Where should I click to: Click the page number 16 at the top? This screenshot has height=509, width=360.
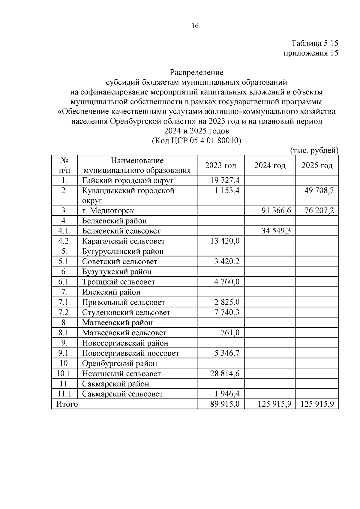pos(195,26)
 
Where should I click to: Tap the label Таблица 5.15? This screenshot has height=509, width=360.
pos(315,43)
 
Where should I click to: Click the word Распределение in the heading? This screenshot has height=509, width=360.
pos(196,73)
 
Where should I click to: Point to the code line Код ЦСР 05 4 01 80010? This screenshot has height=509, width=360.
pos(197,141)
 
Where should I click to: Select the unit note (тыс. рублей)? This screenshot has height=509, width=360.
pos(314,151)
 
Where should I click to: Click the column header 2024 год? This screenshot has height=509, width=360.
pos(270,165)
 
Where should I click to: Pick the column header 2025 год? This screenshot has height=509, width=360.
pos(317,165)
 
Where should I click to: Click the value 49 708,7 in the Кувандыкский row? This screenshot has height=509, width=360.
pos(319,190)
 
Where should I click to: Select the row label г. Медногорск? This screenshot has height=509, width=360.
pos(108,211)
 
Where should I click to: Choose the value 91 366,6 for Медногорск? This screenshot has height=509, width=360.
pos(276,211)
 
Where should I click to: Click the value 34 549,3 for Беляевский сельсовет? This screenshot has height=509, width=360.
pos(276,231)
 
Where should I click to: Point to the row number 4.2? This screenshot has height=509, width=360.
pos(64,241)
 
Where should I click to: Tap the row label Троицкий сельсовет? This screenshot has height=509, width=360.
pos(118,282)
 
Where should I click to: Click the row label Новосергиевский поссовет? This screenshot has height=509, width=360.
pos(130,353)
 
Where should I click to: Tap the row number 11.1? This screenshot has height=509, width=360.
pos(64,394)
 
